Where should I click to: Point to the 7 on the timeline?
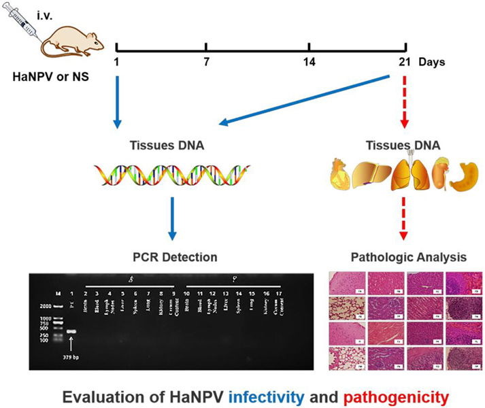[x=205, y=63]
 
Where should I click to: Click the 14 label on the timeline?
[x=309, y=63]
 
